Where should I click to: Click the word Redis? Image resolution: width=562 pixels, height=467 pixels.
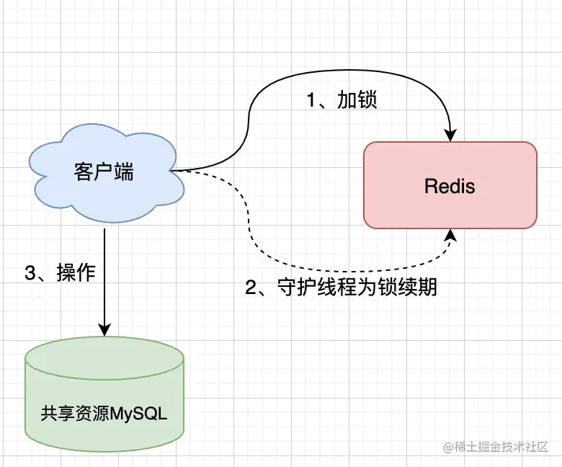point(450,187)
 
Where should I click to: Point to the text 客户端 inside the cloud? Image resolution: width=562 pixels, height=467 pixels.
point(104,172)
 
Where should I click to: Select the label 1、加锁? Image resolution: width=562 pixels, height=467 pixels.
point(342,100)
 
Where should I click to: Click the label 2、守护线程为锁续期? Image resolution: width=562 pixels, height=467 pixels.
point(342,288)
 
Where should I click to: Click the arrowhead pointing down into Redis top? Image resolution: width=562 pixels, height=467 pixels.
point(451,135)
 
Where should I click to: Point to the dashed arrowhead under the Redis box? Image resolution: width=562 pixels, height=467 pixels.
point(451,235)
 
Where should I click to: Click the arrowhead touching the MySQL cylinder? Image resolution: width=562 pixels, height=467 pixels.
point(105,330)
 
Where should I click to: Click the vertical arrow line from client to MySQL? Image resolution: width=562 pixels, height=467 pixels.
point(105,281)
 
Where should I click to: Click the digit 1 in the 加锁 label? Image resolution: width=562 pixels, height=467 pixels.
point(312,100)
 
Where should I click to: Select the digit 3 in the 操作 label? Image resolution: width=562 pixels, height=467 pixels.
point(30,273)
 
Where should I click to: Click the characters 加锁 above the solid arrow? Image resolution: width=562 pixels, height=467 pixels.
point(357,100)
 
